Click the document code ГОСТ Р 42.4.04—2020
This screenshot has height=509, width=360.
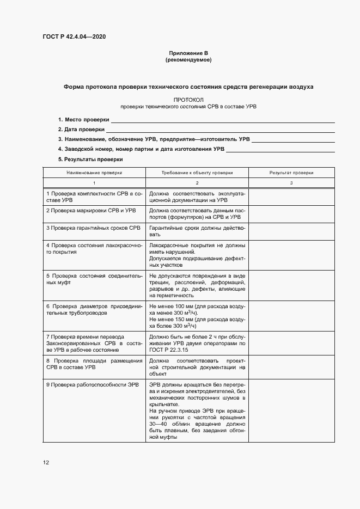(74, 36)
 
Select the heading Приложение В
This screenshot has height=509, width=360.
(188, 53)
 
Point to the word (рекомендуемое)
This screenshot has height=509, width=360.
(188, 59)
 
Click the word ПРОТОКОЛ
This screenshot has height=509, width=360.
(188, 100)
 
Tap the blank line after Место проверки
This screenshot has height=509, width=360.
(223, 120)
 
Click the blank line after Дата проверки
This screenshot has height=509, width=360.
(220, 130)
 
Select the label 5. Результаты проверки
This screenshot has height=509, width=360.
(90, 159)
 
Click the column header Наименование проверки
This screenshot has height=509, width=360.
(94, 172)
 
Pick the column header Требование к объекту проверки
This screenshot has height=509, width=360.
(197, 172)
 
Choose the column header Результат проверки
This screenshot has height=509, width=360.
(291, 172)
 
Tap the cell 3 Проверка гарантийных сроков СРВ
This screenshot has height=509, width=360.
(93, 227)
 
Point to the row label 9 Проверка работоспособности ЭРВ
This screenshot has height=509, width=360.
(93, 384)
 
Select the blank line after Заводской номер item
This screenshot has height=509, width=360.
(280, 149)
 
